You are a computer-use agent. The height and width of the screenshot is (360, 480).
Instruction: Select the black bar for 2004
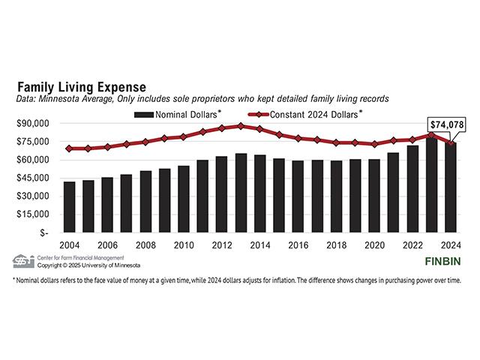[x=69, y=207]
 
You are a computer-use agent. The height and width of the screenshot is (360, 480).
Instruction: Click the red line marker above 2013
[x=241, y=126]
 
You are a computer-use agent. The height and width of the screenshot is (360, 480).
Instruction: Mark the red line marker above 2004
[x=69, y=148]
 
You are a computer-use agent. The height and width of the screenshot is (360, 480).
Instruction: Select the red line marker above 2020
[x=375, y=144]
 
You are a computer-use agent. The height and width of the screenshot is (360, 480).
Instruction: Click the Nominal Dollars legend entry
[x=180, y=115]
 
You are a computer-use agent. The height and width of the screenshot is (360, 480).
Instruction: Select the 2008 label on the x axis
[x=145, y=244]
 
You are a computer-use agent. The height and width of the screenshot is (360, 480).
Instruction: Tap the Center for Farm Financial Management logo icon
[x=23, y=260]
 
